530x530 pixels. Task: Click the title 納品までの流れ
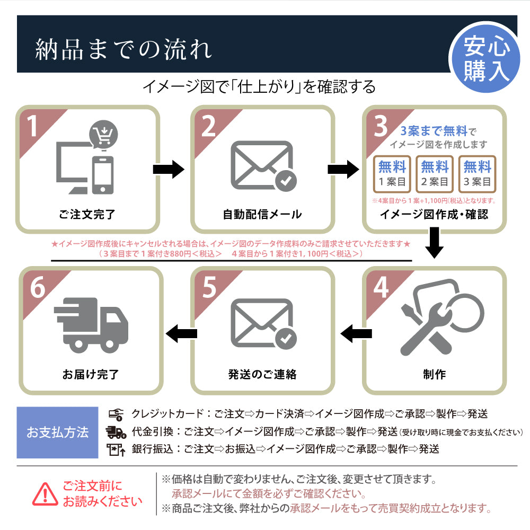pyautogui.click(x=123, y=50)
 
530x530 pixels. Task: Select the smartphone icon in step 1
pyautogui.click(x=103, y=175)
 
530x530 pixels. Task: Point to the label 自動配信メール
pyautogui.click(x=262, y=215)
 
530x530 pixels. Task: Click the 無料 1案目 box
pyautogui.click(x=392, y=174)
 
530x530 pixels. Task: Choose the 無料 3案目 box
pyautogui.click(x=477, y=174)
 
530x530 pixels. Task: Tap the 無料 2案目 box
pyautogui.click(x=435, y=174)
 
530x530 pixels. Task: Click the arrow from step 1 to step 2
pyautogui.click(x=169, y=170)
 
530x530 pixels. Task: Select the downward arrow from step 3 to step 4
pyautogui.click(x=435, y=242)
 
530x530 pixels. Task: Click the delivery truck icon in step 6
pyautogui.click(x=91, y=323)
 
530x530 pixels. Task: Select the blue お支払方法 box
pyautogui.click(x=57, y=432)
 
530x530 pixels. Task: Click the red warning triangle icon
pyautogui.click(x=46, y=494)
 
